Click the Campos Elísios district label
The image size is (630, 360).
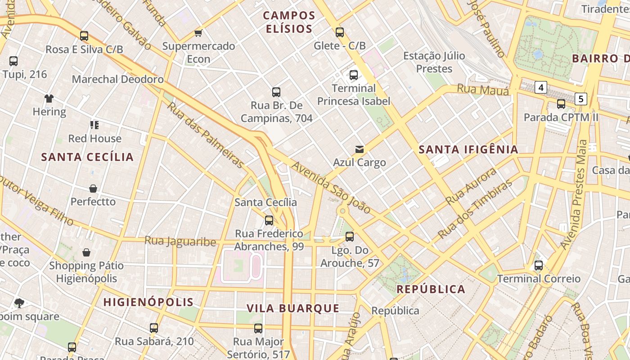pos(289,22)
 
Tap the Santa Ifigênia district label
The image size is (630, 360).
pos(468,150)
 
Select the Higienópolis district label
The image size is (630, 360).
pos(148,302)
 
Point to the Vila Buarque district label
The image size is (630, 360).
pos(293,308)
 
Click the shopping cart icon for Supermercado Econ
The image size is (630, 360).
pos(198,33)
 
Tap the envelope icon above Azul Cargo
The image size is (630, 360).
pos(359,149)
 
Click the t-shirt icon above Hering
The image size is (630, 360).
pos(49,98)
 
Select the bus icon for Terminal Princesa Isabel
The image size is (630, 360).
pos(354,75)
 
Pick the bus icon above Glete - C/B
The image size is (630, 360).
pos(340,32)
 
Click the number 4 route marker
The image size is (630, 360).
pos(540,87)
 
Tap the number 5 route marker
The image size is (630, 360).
pos(581,99)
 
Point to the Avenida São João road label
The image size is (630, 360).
pos(331,188)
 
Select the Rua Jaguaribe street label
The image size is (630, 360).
pos(180,241)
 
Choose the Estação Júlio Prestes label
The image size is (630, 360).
pos(434,62)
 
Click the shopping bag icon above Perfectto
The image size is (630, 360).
pos(93,188)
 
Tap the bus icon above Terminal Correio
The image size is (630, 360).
pos(539,265)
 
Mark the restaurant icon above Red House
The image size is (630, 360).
pos(94,125)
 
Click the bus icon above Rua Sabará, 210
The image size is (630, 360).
pos(154,328)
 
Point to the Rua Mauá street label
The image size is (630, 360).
pos(483,90)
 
